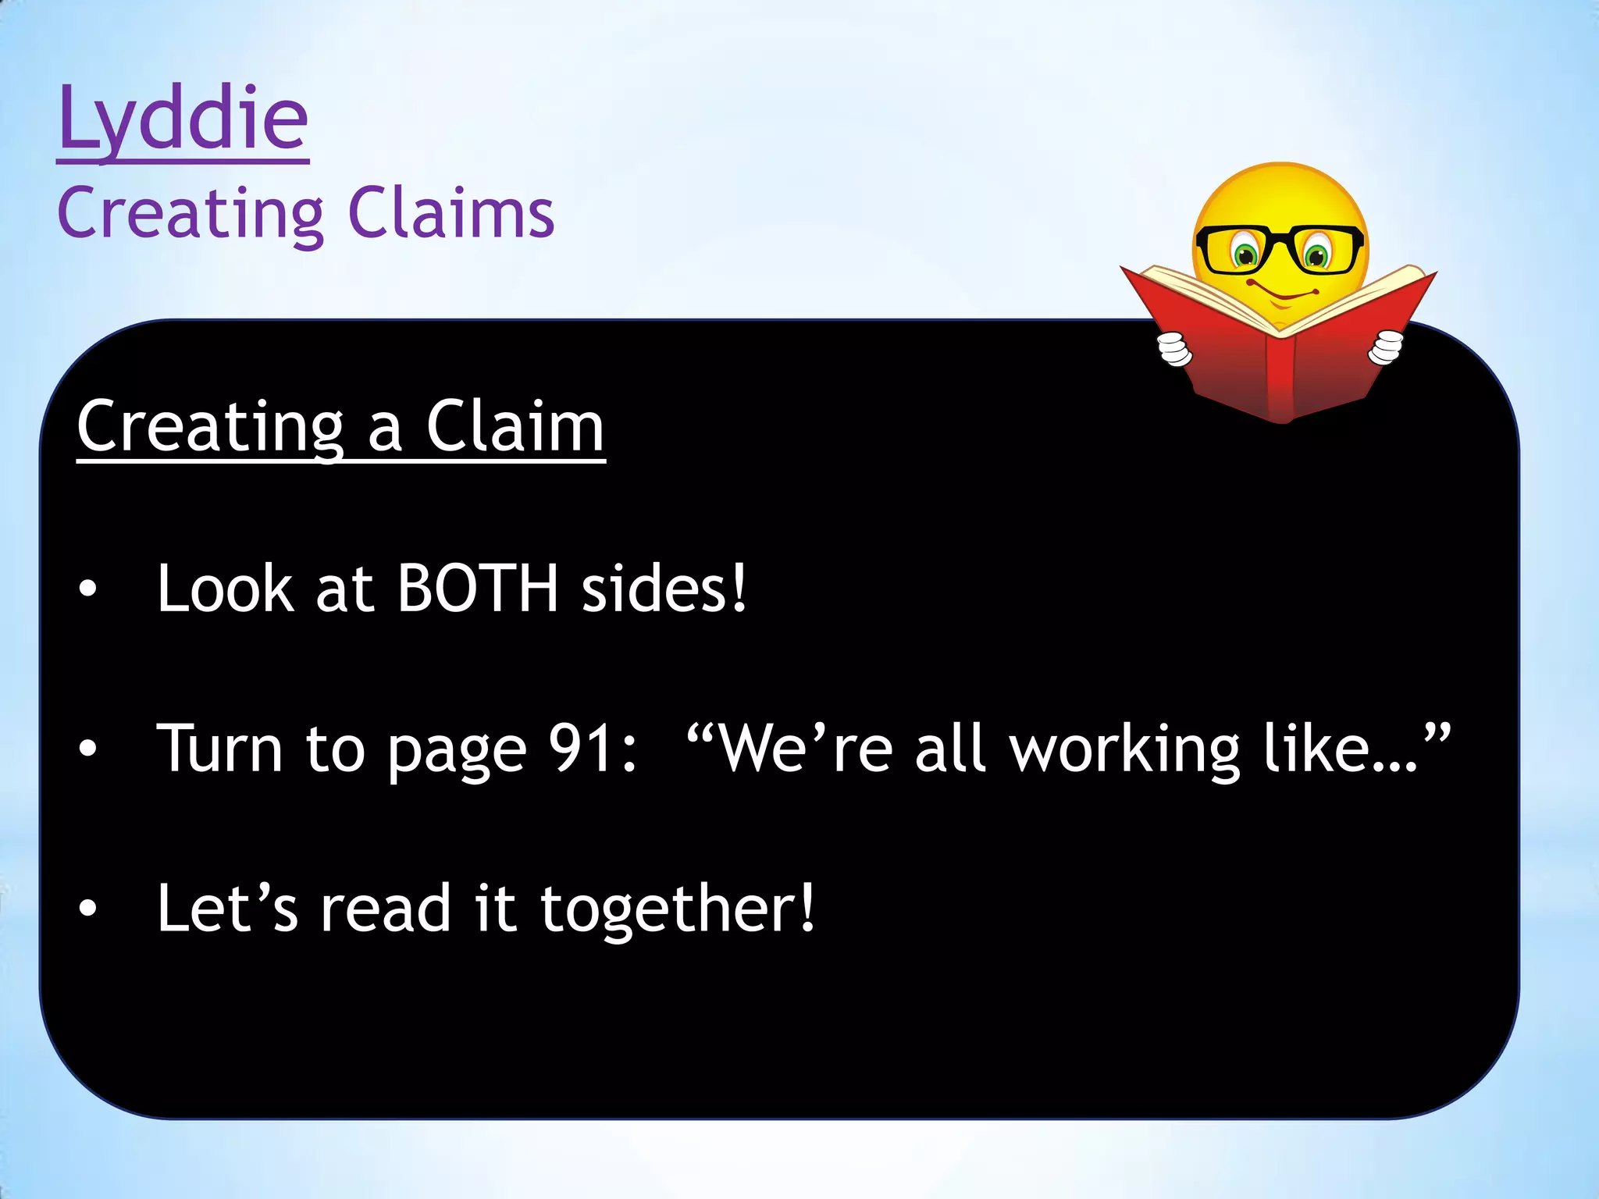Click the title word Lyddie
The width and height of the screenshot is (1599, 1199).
coord(183,121)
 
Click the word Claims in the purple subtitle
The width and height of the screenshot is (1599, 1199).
coord(450,214)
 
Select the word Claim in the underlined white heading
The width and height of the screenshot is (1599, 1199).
coord(515,428)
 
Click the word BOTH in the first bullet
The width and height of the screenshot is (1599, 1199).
coord(478,589)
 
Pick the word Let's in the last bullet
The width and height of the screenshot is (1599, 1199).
coord(227,909)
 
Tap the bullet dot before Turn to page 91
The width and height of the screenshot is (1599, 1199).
coord(88,750)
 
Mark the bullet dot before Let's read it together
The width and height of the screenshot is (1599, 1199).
coord(88,909)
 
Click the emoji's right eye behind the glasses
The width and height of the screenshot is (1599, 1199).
coord(1316,254)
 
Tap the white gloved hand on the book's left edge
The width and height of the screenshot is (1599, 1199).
coord(1174,349)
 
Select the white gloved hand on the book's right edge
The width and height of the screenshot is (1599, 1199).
coord(1386,347)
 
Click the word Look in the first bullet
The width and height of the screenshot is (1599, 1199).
coord(226,589)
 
